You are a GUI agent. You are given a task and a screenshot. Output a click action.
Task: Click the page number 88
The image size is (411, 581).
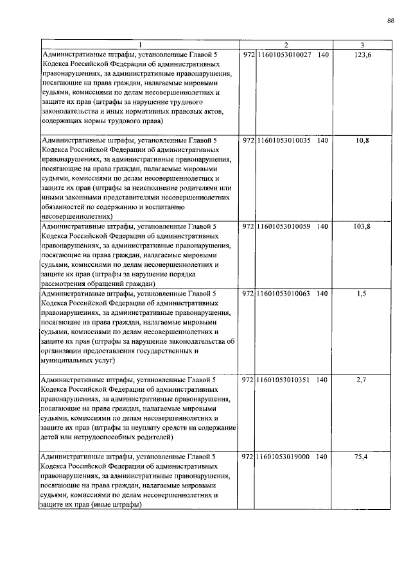click(390, 21)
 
